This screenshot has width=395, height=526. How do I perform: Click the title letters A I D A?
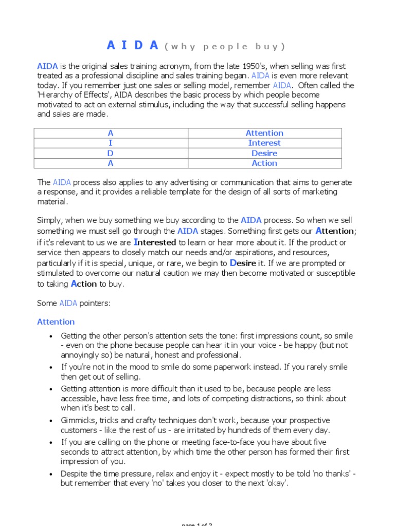[132, 46]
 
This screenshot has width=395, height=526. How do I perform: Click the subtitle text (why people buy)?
[224, 47]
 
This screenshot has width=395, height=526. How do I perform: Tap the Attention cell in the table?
[264, 133]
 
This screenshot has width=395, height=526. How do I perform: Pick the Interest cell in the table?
[264, 143]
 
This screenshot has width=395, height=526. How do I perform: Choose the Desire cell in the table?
[264, 153]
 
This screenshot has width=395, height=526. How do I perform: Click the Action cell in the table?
[264, 163]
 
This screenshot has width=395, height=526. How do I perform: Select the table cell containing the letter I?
[111, 143]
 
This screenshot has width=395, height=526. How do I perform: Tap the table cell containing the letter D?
[111, 153]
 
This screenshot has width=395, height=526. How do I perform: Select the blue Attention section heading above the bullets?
[56, 322]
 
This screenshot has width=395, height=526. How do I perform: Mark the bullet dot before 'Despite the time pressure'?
[50, 475]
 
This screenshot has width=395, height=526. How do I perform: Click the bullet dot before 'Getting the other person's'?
[50, 336]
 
